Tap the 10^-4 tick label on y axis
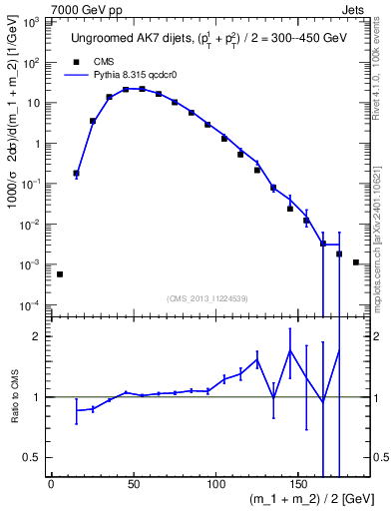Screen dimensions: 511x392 pos(32,304)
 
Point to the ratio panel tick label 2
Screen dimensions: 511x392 pos(38,337)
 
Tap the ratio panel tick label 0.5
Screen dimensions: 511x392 pos(33,457)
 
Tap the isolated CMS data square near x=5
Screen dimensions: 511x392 pos(60,273)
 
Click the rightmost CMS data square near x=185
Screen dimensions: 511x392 pos(356,262)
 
